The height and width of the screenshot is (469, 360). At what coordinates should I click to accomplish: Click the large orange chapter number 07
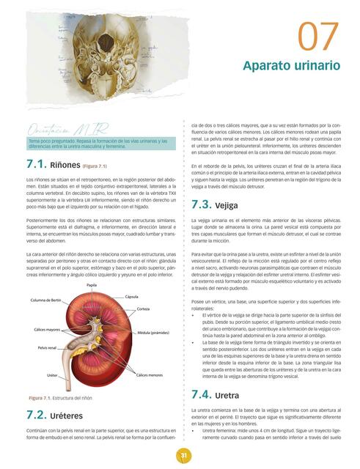pos(319,37)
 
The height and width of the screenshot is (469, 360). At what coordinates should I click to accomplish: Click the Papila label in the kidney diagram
pos(92,284)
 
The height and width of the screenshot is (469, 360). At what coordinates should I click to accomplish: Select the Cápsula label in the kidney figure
pos(132,297)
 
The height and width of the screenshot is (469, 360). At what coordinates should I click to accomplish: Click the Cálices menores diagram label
pos(150,374)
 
